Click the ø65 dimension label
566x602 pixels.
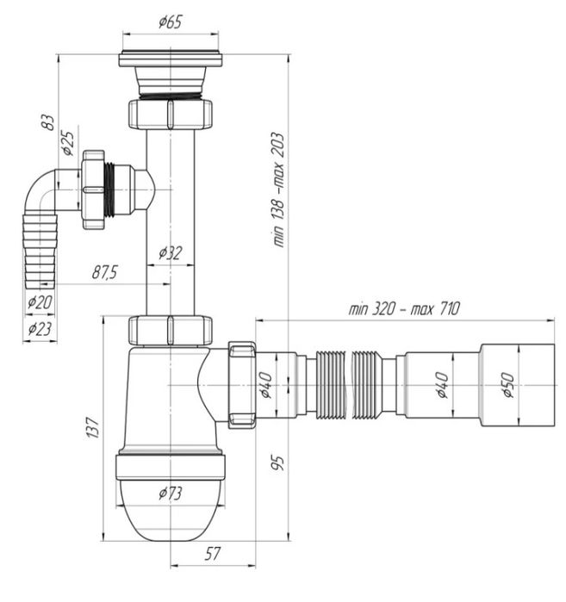click(170, 22)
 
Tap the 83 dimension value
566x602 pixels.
click(48, 123)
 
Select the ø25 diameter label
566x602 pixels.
click(68, 144)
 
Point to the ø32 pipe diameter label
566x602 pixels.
click(171, 253)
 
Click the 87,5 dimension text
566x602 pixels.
click(105, 273)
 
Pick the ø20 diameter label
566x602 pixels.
click(40, 303)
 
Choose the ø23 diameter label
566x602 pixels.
click(40, 329)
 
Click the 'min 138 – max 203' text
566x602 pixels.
click(278, 189)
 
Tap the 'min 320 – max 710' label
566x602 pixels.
click(403, 308)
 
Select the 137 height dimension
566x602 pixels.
click(92, 427)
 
